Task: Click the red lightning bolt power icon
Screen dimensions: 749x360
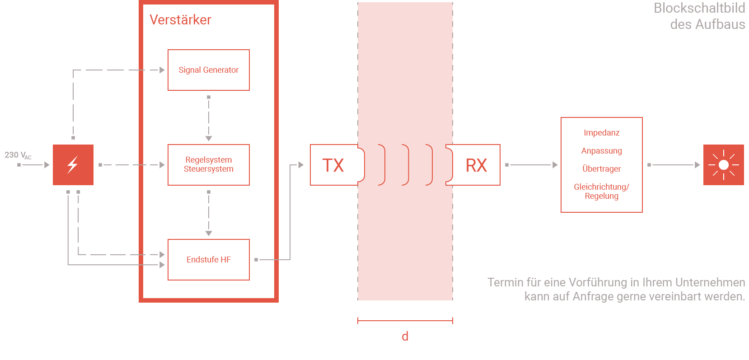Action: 73,165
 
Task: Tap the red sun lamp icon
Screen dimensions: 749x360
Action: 724,165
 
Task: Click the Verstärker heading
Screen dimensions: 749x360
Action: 180,20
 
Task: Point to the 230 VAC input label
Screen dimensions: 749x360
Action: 18,155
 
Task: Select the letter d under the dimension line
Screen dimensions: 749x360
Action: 405,336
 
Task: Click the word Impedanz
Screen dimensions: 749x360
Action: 602,133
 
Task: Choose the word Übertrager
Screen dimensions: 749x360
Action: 602,168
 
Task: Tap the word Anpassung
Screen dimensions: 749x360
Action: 602,151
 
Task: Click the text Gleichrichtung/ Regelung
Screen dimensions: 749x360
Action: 602,192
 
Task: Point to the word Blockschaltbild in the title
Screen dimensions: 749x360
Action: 699,8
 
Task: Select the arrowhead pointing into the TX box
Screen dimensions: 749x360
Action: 301,165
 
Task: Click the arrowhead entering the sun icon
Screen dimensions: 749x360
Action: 697,165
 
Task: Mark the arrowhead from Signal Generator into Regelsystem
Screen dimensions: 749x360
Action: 209,138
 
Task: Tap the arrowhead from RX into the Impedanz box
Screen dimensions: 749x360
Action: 555,165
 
